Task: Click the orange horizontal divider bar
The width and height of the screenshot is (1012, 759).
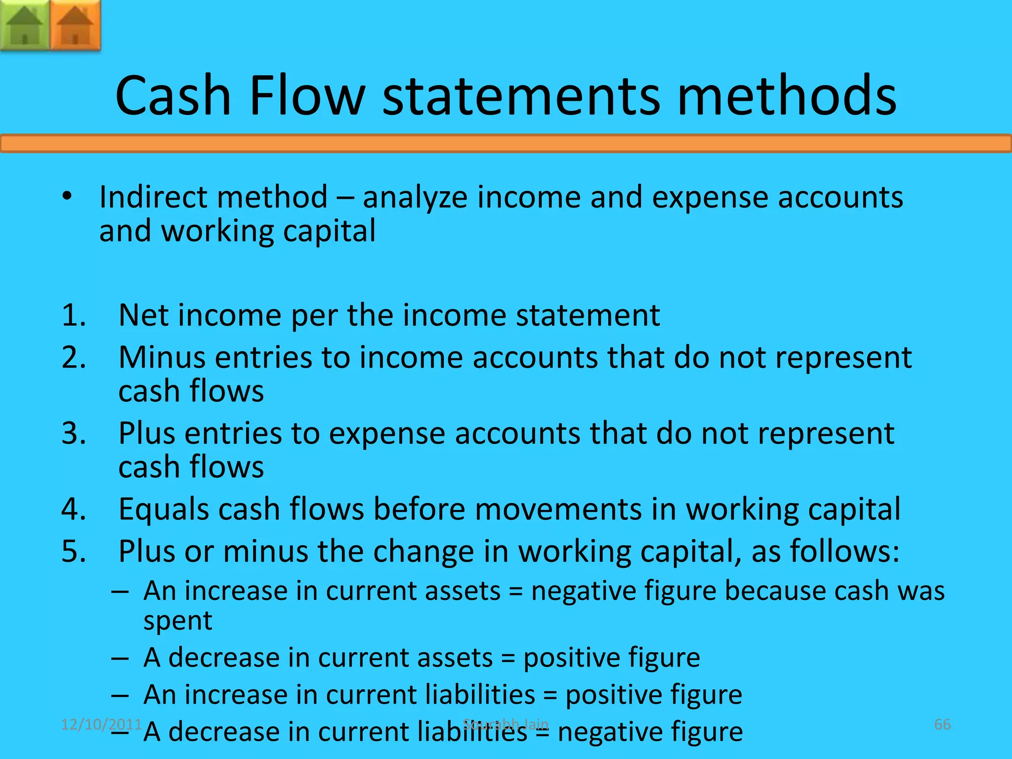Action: (x=506, y=144)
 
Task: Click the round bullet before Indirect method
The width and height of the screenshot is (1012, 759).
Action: (x=67, y=197)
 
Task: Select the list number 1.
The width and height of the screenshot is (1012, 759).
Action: (x=73, y=315)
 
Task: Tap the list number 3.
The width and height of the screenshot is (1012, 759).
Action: (x=73, y=433)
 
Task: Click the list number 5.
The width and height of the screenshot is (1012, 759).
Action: (x=73, y=551)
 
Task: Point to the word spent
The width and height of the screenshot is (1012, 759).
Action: (x=178, y=621)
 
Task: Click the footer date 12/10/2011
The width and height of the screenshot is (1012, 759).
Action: (x=101, y=724)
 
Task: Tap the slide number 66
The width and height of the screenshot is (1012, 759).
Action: (x=942, y=724)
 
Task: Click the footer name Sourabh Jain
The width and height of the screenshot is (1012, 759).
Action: (x=506, y=724)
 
